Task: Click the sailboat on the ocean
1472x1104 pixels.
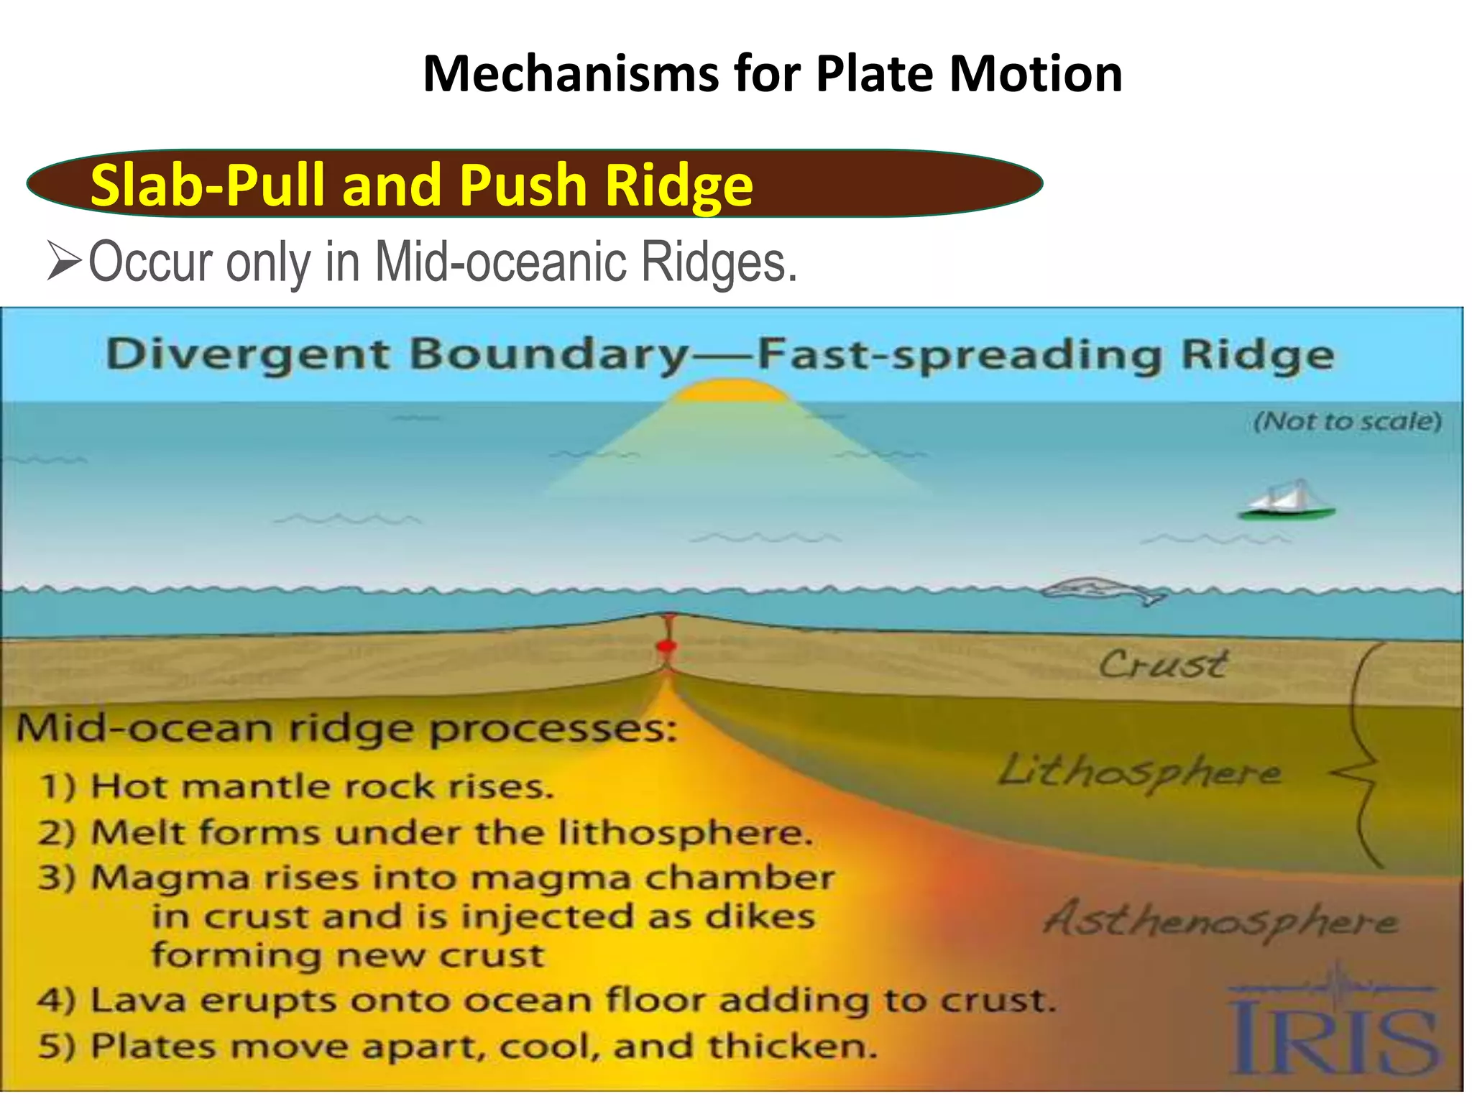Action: (1287, 501)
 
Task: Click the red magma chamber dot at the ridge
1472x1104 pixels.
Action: (667, 645)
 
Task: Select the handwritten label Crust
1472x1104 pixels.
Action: (1162, 664)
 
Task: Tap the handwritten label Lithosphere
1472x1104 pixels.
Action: (1139, 773)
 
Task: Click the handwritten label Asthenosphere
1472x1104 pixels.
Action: (1220, 921)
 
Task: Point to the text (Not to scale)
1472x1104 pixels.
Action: (1348, 420)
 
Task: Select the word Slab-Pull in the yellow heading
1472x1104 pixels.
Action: (208, 185)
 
